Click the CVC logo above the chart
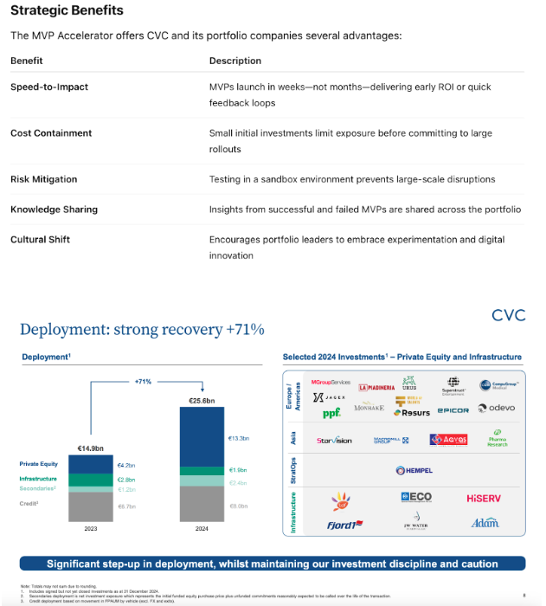click(x=508, y=315)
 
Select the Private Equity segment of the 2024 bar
click(x=201, y=437)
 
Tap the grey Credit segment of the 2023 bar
click(x=92, y=506)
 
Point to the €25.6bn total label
click(x=201, y=401)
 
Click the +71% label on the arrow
click(x=143, y=380)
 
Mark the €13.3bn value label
click(x=238, y=438)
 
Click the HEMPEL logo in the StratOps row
click(x=414, y=470)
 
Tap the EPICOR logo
click(x=453, y=410)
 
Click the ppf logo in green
click(x=308, y=413)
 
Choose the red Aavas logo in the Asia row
click(x=448, y=440)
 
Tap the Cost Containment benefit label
click(x=51, y=133)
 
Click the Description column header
click(x=235, y=61)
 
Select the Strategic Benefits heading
click(x=67, y=10)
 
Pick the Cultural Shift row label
click(x=42, y=239)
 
